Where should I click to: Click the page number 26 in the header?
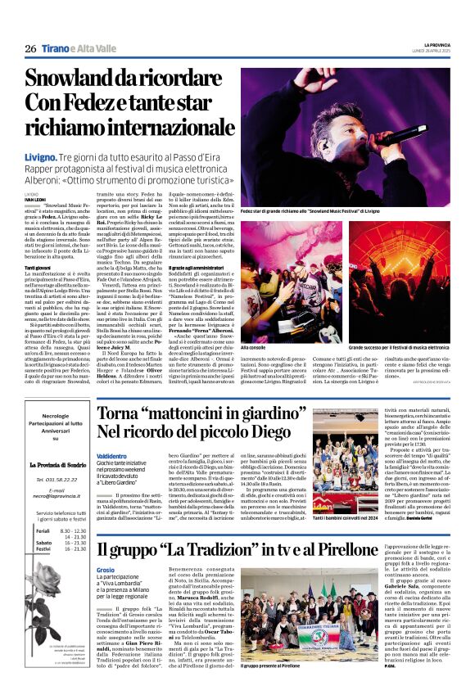[x=30, y=49]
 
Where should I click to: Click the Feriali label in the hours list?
[x=42, y=531]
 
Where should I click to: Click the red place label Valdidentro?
[x=111, y=456]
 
